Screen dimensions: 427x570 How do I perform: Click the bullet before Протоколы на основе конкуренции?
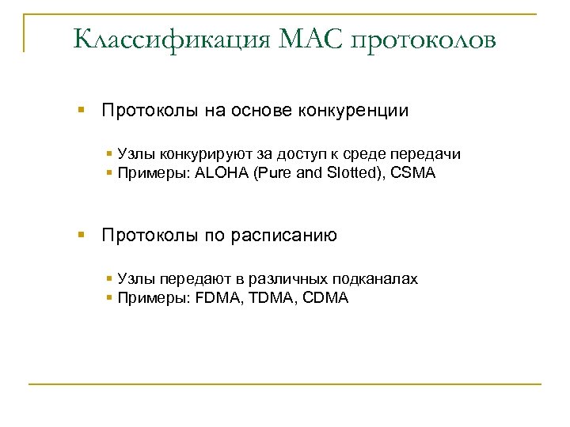pos(82,111)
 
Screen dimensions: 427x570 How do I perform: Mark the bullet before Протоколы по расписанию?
pos(82,235)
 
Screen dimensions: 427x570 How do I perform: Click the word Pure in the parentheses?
pos(270,173)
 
